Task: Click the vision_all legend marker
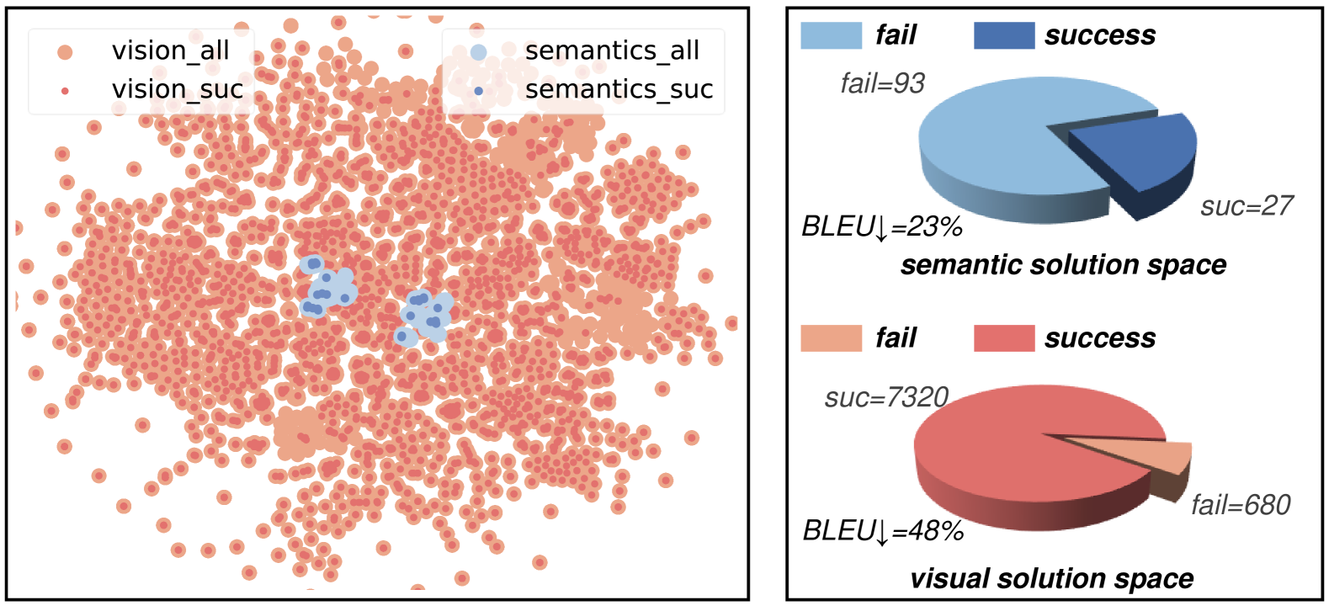coord(65,52)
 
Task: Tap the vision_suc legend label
coord(178,89)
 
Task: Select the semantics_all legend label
coord(612,50)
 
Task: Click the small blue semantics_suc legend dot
coord(479,90)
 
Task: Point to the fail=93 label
coord(882,83)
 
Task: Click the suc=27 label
coord(1246,206)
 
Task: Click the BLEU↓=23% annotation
coord(881,227)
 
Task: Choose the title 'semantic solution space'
coord(1063,265)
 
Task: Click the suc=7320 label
coord(886,397)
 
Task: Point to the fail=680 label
coord(1241,505)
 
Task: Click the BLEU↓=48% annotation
coord(883,531)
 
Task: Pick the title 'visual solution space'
coord(1051,579)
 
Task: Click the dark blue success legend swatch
coord(1003,35)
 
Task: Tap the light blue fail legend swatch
coord(831,35)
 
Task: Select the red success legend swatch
coord(1003,338)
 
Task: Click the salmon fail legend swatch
coord(831,338)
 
